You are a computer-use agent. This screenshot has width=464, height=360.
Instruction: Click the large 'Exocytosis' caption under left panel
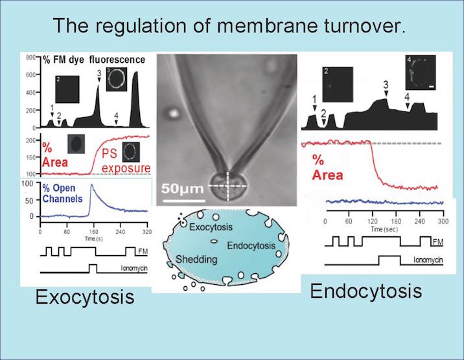(84, 297)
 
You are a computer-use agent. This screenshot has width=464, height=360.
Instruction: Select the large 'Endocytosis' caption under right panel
(366, 291)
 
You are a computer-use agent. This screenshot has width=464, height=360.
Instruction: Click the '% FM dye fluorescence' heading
(97, 60)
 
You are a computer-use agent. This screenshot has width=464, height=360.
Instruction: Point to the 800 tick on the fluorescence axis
(30, 58)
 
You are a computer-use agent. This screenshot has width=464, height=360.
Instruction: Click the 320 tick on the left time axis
(146, 231)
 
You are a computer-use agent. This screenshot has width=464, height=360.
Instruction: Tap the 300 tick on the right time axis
(444, 221)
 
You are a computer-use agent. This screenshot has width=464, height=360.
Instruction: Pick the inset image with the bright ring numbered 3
(117, 79)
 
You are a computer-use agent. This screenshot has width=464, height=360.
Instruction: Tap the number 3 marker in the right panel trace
(386, 85)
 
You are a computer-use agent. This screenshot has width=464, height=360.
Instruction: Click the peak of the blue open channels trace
(93, 186)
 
